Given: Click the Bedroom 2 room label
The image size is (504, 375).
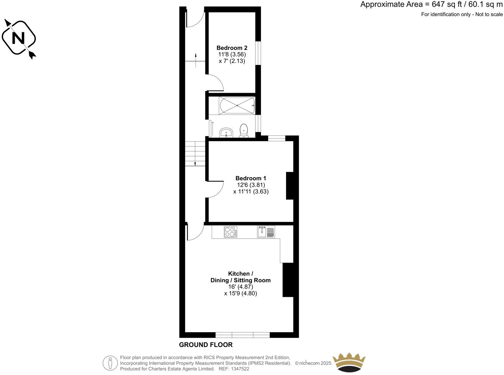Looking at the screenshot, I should pos(232,48).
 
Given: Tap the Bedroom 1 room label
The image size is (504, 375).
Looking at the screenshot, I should pos(251,178).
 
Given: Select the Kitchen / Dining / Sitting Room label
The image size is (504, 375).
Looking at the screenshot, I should pos(240,277).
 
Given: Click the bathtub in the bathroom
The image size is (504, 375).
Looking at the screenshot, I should pos(237,105).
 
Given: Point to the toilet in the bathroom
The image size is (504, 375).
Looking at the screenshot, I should pos(244,130).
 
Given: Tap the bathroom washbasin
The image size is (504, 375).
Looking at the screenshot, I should pos(226,132).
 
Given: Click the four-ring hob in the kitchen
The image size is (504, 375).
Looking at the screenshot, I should pos(231,232).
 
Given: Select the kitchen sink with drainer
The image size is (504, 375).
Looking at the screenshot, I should pos(266,232).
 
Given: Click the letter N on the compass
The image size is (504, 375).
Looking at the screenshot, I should pos(19,38).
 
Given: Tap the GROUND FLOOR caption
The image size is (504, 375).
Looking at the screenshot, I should pos(206,345).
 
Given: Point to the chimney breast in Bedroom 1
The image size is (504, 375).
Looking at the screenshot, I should pos(290,185).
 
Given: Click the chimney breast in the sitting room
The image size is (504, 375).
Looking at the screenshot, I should pos(288,280).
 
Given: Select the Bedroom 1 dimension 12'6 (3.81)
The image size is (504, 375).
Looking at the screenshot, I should pos(251,185).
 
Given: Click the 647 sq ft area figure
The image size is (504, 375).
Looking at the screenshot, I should pos(445,4).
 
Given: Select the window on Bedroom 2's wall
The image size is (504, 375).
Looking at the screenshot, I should pos(258,53).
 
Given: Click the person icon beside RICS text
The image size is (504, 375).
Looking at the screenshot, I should pos(110,363).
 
